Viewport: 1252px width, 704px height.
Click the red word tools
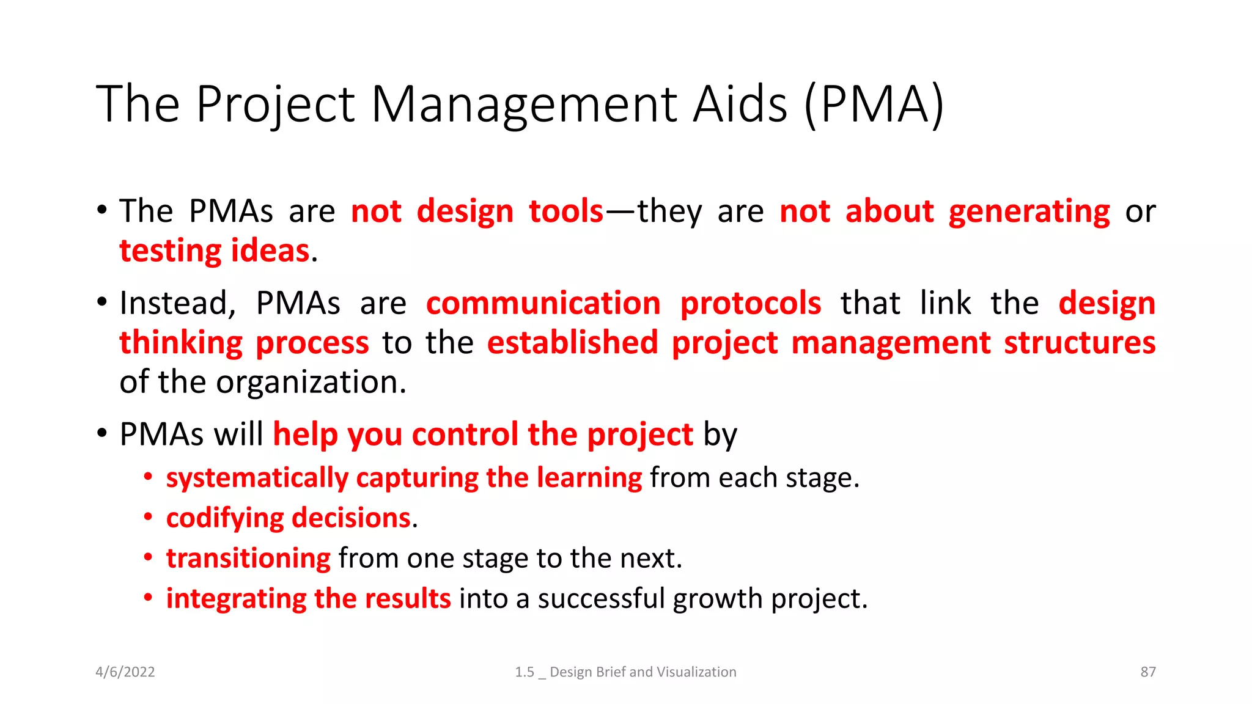566,212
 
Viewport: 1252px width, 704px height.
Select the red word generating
1029,212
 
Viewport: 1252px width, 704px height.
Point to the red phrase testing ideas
215,251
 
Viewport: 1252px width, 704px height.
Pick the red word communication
543,304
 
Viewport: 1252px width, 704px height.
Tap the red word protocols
751,304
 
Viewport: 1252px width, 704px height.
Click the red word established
572,343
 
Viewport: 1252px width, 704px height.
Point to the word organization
311,383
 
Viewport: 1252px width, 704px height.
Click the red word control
465,435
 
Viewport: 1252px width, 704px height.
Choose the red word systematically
257,478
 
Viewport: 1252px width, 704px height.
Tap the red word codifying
224,518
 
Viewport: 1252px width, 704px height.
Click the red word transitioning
248,559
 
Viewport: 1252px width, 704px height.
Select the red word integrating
236,599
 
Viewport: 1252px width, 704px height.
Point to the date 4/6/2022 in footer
125,672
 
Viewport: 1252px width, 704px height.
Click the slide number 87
1148,672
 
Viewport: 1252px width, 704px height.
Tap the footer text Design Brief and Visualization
643,672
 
